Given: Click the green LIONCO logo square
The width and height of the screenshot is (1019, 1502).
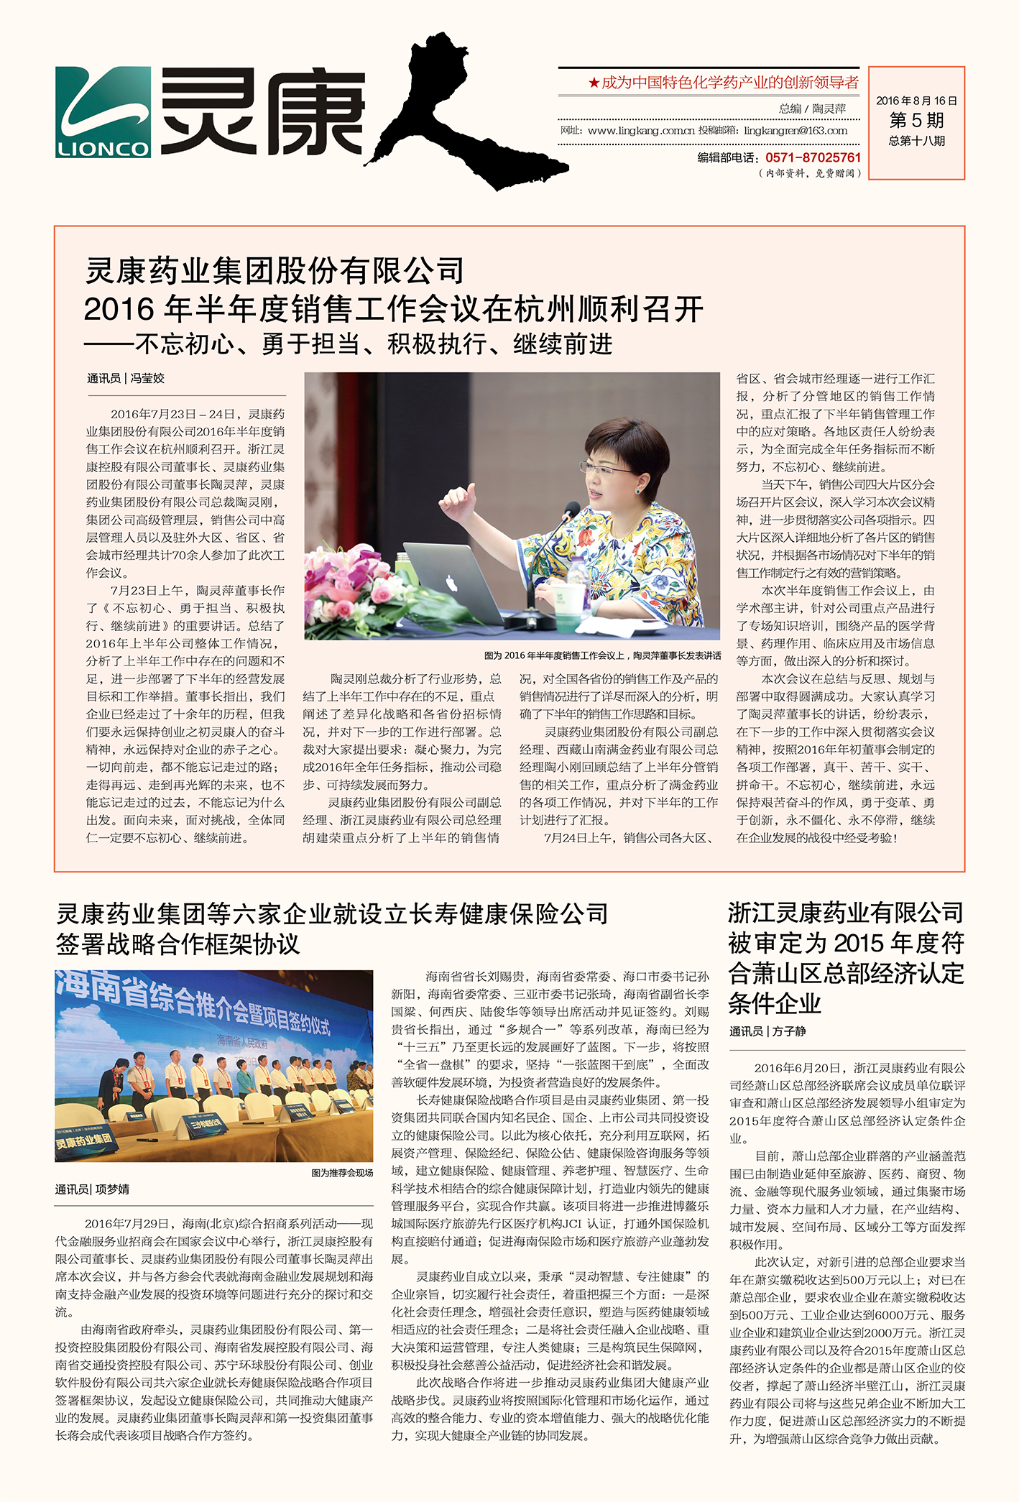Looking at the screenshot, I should pyautogui.click(x=103, y=112).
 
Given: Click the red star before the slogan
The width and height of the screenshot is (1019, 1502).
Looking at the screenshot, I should pyautogui.click(x=594, y=83).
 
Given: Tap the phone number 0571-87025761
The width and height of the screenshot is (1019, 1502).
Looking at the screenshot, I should pyautogui.click(x=813, y=157).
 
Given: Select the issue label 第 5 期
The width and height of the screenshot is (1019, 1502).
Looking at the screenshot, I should pyautogui.click(x=916, y=120).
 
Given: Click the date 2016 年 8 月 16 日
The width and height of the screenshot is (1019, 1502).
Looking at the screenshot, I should pyautogui.click(x=916, y=101).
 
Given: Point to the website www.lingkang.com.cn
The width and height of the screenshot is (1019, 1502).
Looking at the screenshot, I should pyautogui.click(x=641, y=131).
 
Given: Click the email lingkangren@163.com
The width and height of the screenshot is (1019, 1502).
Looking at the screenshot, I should pyautogui.click(x=796, y=131).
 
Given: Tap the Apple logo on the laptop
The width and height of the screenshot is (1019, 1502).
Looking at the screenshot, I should pyautogui.click(x=451, y=581).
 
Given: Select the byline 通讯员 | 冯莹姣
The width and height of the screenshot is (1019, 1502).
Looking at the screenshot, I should pyautogui.click(x=126, y=379).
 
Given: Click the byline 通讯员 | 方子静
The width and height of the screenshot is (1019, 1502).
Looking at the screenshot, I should pyautogui.click(x=767, y=1031).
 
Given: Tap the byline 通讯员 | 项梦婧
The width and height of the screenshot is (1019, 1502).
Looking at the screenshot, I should pyautogui.click(x=92, y=1189).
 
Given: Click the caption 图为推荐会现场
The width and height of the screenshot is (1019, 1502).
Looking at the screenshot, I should pyautogui.click(x=342, y=1173).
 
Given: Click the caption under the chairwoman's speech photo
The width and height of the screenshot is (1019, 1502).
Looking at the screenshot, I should pyautogui.click(x=602, y=655).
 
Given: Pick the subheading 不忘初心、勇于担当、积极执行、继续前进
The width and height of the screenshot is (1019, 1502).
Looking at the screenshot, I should pyautogui.click(x=374, y=344).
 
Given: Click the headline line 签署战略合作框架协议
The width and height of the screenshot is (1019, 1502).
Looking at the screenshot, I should pyautogui.click(x=177, y=944).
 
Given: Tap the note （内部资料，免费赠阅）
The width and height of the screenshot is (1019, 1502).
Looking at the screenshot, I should pyautogui.click(x=809, y=173).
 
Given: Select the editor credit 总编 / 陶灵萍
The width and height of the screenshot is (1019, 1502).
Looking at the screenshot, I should pyautogui.click(x=812, y=109).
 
